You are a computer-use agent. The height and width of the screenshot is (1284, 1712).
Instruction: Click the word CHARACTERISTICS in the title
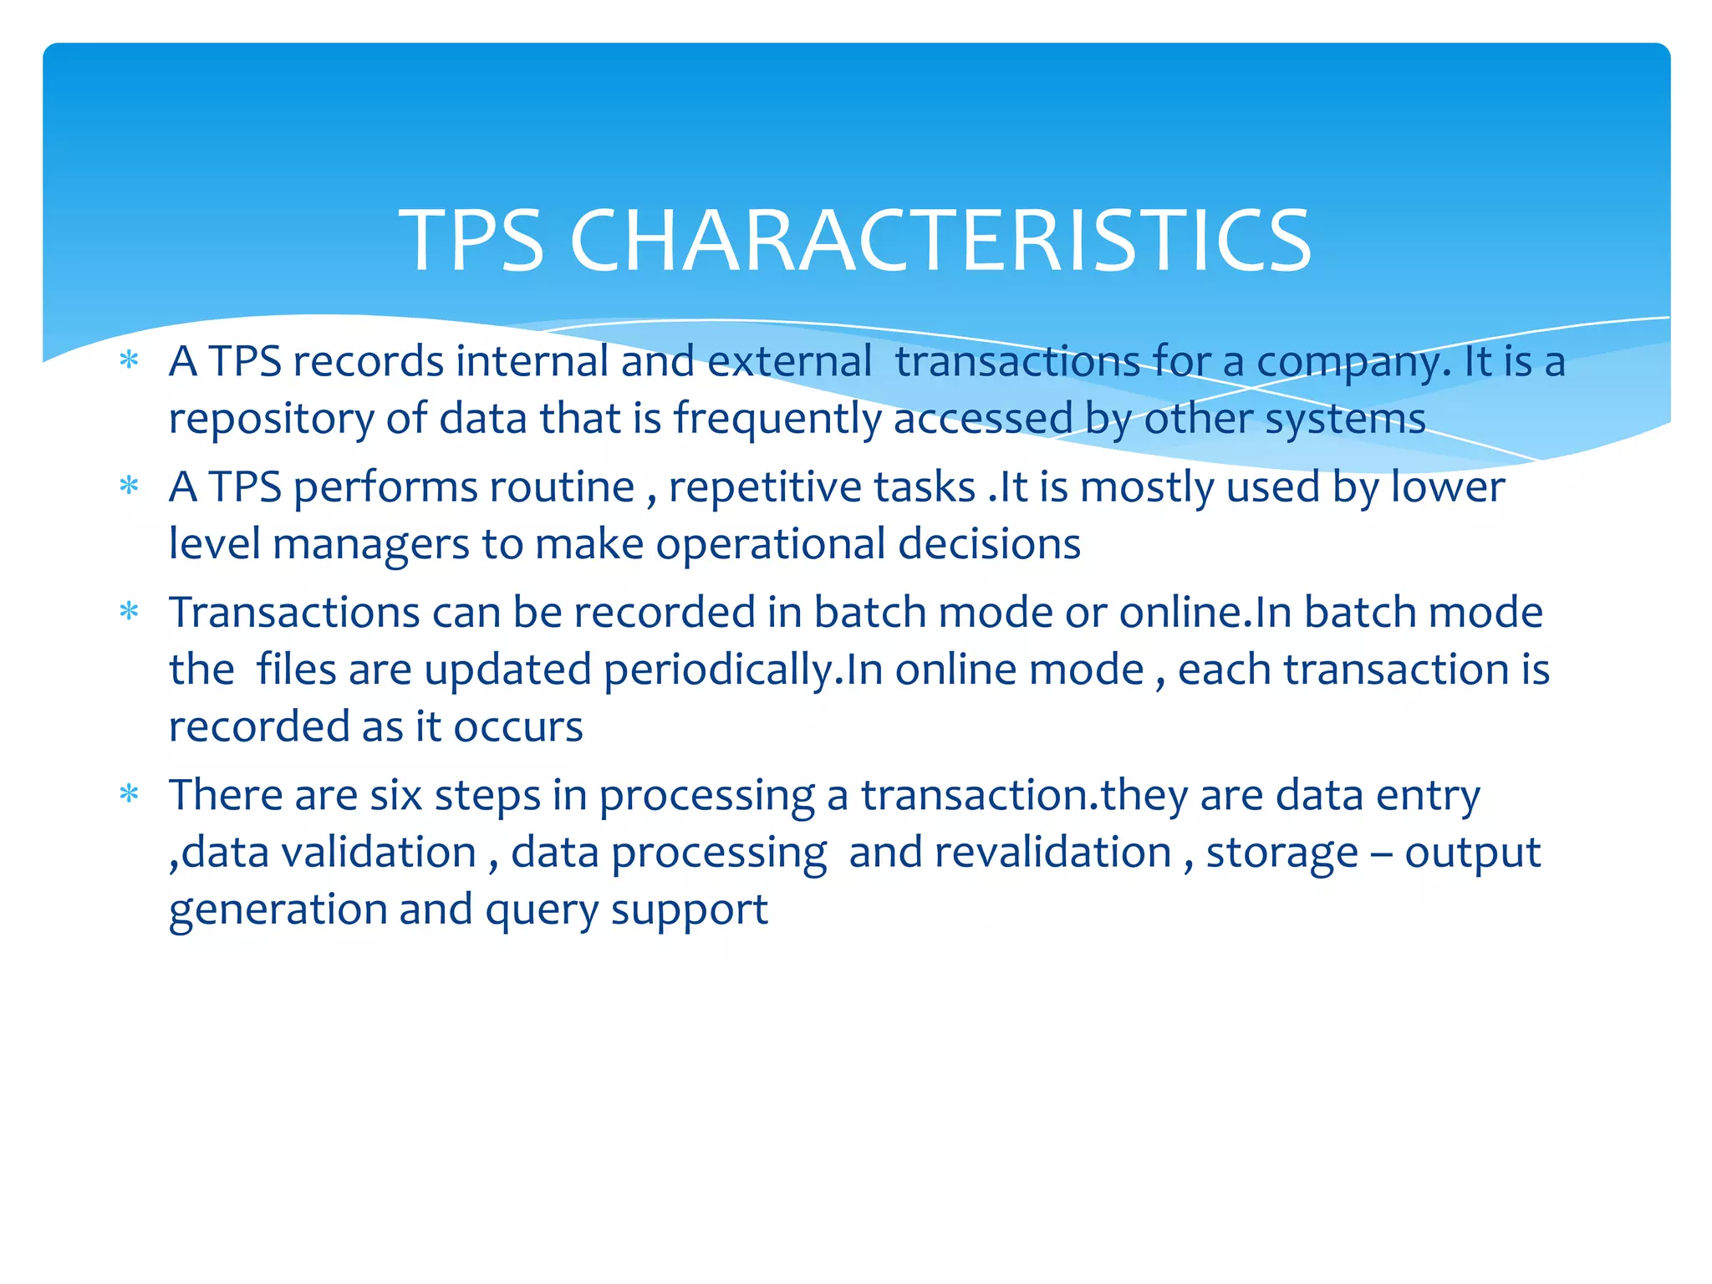coord(940,241)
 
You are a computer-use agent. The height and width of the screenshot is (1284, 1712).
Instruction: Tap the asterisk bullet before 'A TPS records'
coord(129,361)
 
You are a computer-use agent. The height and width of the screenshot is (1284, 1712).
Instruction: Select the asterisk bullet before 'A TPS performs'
coord(129,486)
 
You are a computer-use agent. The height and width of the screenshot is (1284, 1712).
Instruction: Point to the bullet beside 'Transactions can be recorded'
coord(129,611)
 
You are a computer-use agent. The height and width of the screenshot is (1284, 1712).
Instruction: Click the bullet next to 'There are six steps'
coord(129,793)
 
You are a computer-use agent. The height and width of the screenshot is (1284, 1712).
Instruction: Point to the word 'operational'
coord(770,545)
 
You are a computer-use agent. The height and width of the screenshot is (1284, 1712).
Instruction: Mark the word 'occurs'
coord(517,727)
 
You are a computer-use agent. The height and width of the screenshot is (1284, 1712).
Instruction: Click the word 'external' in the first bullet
coord(790,362)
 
